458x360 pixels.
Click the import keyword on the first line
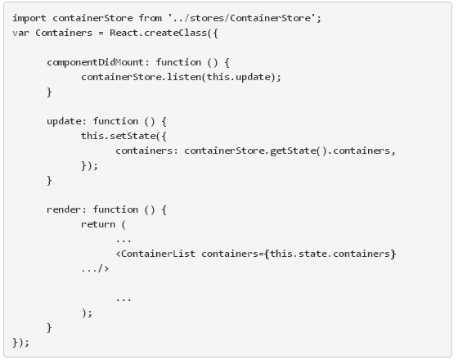(x=29, y=17)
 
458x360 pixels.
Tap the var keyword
(x=20, y=32)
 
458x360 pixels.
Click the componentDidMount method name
(x=88, y=61)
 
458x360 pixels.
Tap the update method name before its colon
(x=64, y=120)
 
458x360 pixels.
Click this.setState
(x=115, y=136)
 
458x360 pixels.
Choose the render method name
(x=64, y=209)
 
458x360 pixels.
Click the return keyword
(x=98, y=224)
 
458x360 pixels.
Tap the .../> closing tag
(x=95, y=268)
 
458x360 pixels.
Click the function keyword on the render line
(x=122, y=209)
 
